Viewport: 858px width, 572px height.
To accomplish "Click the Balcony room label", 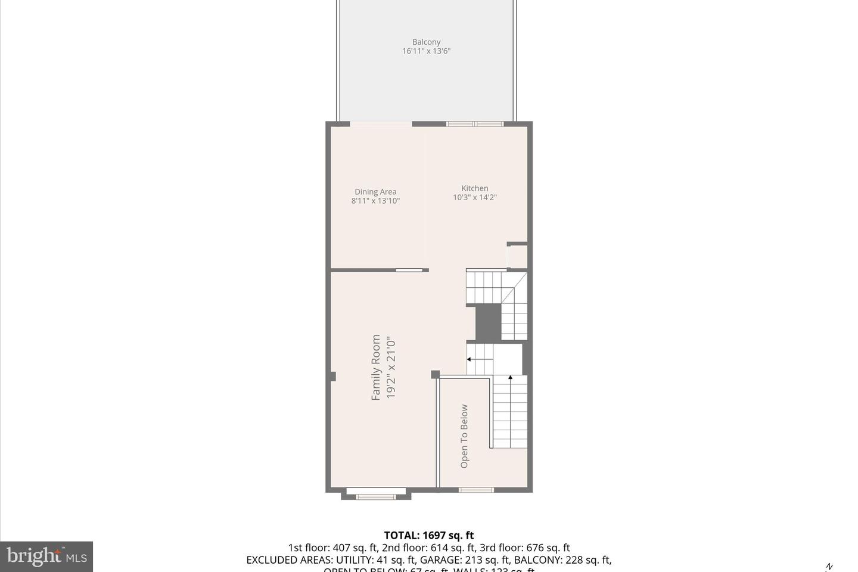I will [426, 42].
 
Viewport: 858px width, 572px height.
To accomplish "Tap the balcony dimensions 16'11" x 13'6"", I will [426, 51].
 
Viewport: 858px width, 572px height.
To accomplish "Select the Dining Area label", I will [375, 191].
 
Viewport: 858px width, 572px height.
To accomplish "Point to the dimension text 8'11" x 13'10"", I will [375, 201].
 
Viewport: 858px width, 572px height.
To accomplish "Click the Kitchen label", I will [475, 188].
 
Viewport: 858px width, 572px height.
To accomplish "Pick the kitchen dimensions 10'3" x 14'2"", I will [475, 197].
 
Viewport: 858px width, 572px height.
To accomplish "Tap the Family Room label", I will [376, 367].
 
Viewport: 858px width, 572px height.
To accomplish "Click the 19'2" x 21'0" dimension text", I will [391, 367].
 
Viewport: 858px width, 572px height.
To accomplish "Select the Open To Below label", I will [464, 436].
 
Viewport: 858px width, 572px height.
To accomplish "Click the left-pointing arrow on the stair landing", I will [470, 359].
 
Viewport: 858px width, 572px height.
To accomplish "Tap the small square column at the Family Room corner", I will [435, 374].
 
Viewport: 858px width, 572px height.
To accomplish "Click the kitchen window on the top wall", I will [475, 124].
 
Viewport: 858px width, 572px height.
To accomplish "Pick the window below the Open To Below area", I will [476, 490].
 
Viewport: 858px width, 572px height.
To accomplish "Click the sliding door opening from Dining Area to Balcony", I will [381, 124].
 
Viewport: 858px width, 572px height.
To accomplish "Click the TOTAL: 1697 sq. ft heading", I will [428, 535].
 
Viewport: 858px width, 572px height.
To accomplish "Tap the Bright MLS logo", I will [46, 557].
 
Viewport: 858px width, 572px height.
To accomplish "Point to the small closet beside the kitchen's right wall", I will [517, 256].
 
